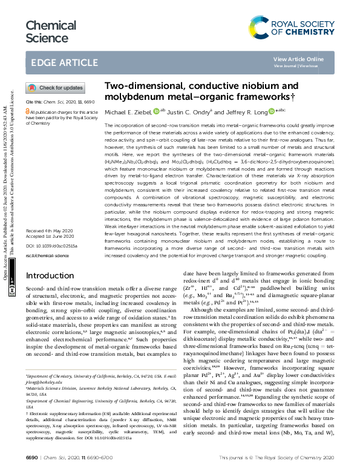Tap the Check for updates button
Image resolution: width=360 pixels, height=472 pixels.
click(56, 88)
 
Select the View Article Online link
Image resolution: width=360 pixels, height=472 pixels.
click(298, 59)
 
